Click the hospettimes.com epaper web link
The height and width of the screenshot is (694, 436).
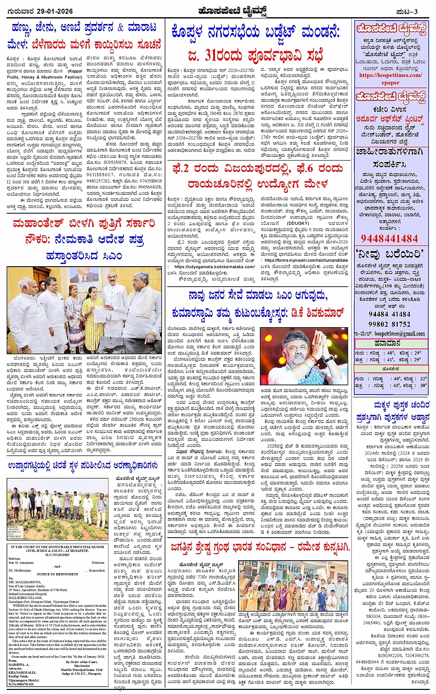(x=390, y=79)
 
